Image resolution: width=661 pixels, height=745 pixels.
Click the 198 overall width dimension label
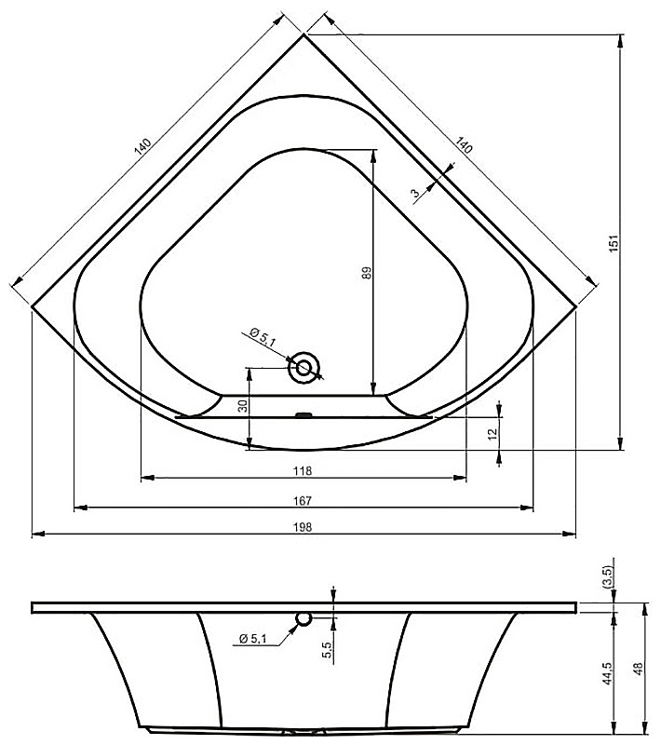coord(303,527)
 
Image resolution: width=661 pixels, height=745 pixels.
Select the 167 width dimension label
coord(303,500)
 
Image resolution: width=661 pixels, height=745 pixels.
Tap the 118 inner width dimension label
coord(303,470)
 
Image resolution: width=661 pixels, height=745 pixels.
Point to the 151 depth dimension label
coord(614,243)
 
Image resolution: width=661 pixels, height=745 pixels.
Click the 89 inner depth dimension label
coord(367,273)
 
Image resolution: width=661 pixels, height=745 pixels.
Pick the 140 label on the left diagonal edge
coord(142,147)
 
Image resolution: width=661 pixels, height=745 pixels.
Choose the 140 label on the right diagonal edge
coord(464,145)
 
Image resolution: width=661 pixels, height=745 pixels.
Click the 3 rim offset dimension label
coord(416,193)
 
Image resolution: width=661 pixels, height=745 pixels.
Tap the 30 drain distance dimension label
coord(243,406)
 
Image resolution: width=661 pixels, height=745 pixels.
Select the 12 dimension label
coord(492,433)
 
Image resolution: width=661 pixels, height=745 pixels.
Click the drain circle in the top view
coord(304,367)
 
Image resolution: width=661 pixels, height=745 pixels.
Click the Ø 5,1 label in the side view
coord(253,638)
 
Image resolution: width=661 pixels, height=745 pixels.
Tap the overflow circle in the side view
coord(304,617)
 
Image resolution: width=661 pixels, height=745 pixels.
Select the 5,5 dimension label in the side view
coord(327,649)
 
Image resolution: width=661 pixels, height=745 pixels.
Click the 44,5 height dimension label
coord(607,673)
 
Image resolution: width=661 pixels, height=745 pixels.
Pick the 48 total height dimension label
coord(639,669)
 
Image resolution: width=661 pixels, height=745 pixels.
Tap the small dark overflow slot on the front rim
coord(304,414)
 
